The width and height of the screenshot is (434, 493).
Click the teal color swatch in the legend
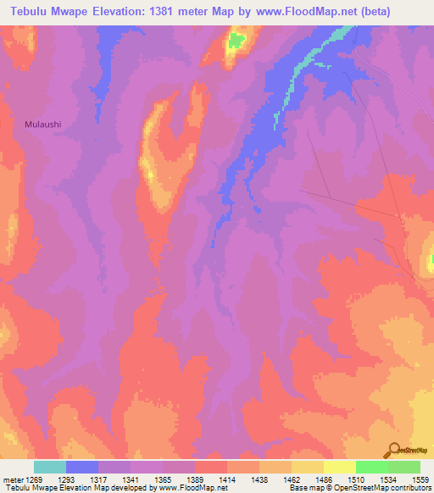[x=49, y=467]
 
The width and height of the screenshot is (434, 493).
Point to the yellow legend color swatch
[x=339, y=467]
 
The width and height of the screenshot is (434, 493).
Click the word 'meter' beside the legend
[x=13, y=479]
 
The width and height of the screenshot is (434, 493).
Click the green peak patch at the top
[x=236, y=39]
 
